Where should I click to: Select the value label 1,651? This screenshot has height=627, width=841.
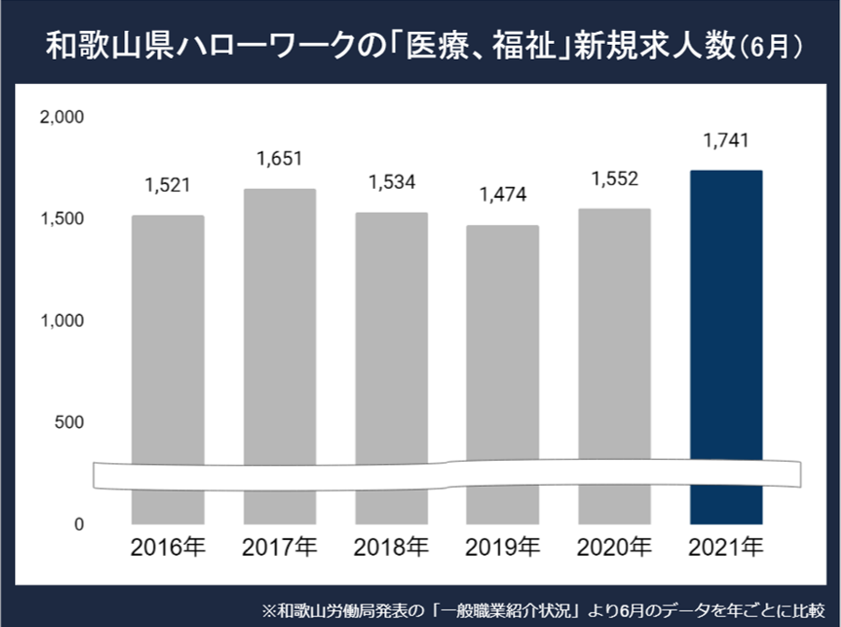(x=279, y=159)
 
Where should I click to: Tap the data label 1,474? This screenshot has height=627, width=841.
(x=503, y=195)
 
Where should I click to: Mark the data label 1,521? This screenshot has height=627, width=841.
(x=168, y=185)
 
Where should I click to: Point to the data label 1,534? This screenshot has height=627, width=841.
(x=391, y=182)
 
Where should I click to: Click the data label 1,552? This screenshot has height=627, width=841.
(x=614, y=178)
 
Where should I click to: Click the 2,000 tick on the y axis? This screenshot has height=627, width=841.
(x=63, y=118)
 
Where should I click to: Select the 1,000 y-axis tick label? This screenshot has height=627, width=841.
(x=63, y=321)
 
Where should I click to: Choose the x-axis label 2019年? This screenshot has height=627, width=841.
(x=503, y=546)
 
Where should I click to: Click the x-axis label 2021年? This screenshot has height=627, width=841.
(x=725, y=546)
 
